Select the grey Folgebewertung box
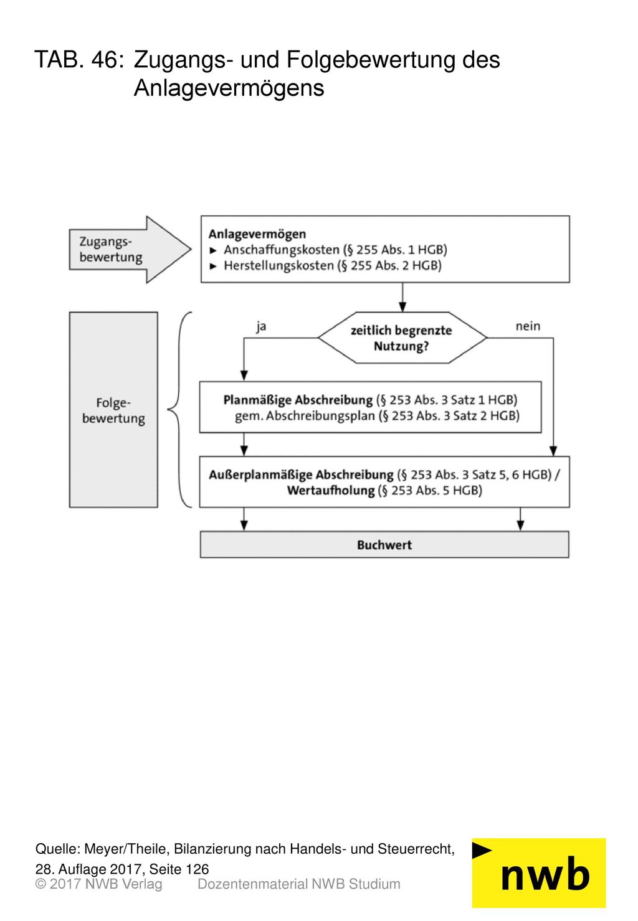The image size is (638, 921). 113,410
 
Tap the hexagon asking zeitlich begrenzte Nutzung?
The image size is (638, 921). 402,338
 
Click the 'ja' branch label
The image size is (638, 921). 261,326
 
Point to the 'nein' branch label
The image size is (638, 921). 528,326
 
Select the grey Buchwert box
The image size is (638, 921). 384,544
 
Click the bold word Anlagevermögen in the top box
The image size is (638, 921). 257,234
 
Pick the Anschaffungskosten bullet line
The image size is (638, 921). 328,250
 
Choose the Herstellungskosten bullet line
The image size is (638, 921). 325,266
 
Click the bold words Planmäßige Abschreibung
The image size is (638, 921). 298,400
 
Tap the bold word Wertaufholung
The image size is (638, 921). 331,490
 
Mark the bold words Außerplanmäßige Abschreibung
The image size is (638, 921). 301,475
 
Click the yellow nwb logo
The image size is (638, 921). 539,873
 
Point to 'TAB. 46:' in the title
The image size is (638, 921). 79,59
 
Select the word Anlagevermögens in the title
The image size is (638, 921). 229,88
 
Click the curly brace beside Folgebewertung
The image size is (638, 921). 179,410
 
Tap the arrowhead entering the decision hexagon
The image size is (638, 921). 402,307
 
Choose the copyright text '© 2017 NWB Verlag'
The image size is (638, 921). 98,884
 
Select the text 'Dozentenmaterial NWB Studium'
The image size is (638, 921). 299,884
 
